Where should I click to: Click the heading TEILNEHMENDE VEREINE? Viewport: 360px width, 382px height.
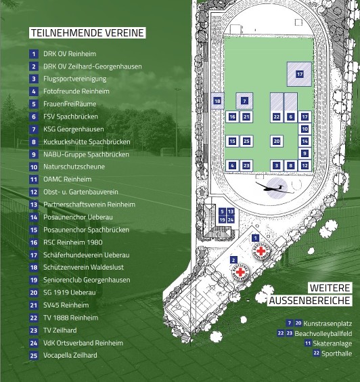[x=87, y=33]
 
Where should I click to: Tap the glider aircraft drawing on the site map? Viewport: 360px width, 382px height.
[x=274, y=188]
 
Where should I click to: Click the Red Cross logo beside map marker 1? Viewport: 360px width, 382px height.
[x=261, y=251]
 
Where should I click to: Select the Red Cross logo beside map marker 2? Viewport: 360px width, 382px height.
[x=240, y=272]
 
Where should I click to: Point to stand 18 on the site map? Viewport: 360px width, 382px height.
[x=217, y=101]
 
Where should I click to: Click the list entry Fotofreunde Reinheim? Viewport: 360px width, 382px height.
[x=76, y=91]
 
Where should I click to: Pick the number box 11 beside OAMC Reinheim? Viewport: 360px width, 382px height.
[x=34, y=179]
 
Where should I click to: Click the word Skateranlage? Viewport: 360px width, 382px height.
[x=332, y=343]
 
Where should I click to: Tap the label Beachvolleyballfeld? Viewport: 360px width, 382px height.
[x=323, y=333]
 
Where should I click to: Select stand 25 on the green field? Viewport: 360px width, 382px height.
[x=246, y=141]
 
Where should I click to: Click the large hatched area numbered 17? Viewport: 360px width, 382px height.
[x=299, y=74]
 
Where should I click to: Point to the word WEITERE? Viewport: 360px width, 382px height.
[x=330, y=288]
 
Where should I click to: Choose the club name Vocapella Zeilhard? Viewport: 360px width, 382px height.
[x=70, y=355]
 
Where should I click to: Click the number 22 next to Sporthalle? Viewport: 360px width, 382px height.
[x=316, y=353]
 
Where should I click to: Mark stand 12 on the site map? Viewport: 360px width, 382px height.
[x=305, y=166]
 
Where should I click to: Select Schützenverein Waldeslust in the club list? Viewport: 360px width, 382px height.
[x=83, y=268]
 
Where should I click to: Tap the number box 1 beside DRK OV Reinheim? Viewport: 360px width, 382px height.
[x=34, y=54]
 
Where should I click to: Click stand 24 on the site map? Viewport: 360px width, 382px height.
[x=231, y=219]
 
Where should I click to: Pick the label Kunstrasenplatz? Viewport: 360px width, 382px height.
[x=328, y=324]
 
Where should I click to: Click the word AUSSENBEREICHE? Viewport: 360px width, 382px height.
[x=310, y=301]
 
